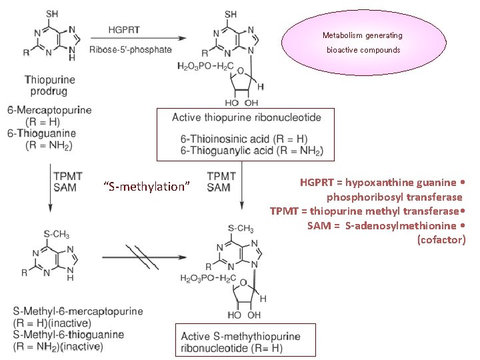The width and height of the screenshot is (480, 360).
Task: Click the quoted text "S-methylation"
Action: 148,187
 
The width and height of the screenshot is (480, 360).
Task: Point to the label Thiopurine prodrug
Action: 50,85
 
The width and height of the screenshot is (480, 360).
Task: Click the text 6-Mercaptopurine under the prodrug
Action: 50,109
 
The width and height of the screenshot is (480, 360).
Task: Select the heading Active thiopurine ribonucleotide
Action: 247,117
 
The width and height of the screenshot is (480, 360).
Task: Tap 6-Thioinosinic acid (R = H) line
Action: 244,139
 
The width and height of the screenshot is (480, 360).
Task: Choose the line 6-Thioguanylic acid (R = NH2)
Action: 252,151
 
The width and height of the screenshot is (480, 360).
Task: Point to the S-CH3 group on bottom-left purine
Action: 56,234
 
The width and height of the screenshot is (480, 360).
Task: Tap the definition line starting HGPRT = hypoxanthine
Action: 383,182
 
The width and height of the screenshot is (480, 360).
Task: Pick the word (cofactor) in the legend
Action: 441,239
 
